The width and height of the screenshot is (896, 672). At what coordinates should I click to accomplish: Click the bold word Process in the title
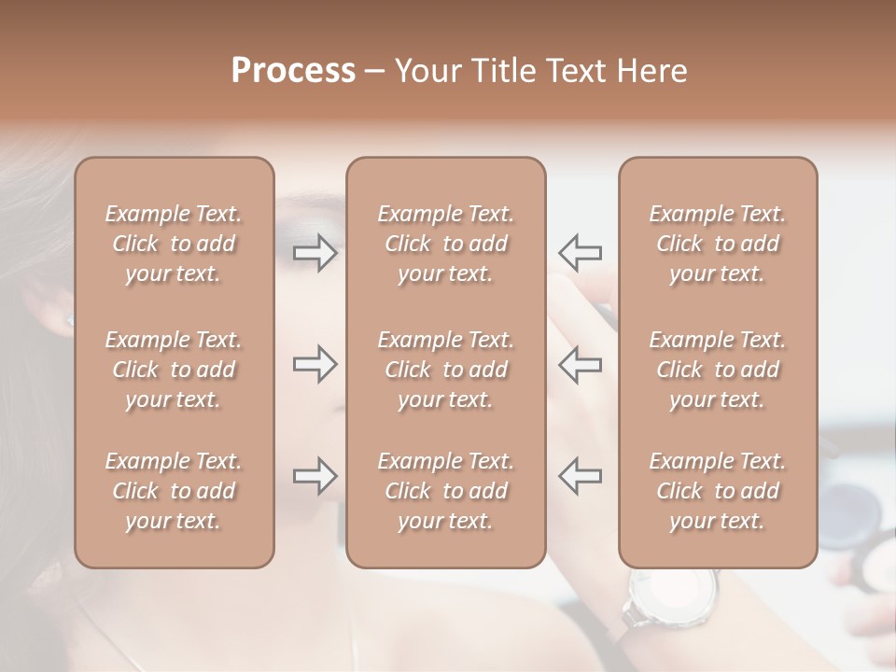293,71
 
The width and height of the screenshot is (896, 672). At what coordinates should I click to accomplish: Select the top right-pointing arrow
315,253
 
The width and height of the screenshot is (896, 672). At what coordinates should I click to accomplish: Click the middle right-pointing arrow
315,364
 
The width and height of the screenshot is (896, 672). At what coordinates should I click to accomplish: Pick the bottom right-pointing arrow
315,476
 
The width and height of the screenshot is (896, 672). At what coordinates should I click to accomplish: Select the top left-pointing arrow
580,253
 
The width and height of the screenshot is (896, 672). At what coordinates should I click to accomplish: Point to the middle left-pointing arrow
580,364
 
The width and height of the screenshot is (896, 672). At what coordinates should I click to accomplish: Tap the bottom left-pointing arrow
580,476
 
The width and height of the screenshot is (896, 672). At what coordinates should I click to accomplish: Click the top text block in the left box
174,244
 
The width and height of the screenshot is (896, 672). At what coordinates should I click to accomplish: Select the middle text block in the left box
174,370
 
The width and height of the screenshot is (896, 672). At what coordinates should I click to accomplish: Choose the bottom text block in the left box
174,491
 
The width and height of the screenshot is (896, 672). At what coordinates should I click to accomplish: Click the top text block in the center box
446,244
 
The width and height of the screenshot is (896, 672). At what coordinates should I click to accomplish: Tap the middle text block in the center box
446,370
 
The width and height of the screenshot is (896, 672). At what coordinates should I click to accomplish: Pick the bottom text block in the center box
446,491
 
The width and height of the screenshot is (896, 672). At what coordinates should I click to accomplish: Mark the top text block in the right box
718,244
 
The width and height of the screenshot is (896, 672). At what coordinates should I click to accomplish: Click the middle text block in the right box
718,370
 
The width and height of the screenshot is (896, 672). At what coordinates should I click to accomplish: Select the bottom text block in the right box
718,491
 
